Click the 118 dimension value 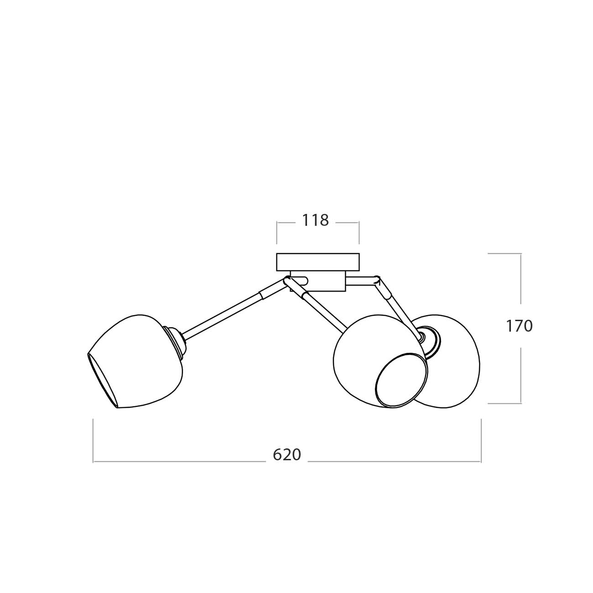[315, 220]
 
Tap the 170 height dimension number [519, 326]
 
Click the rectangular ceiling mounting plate [317, 262]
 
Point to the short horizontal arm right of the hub [361, 281]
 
